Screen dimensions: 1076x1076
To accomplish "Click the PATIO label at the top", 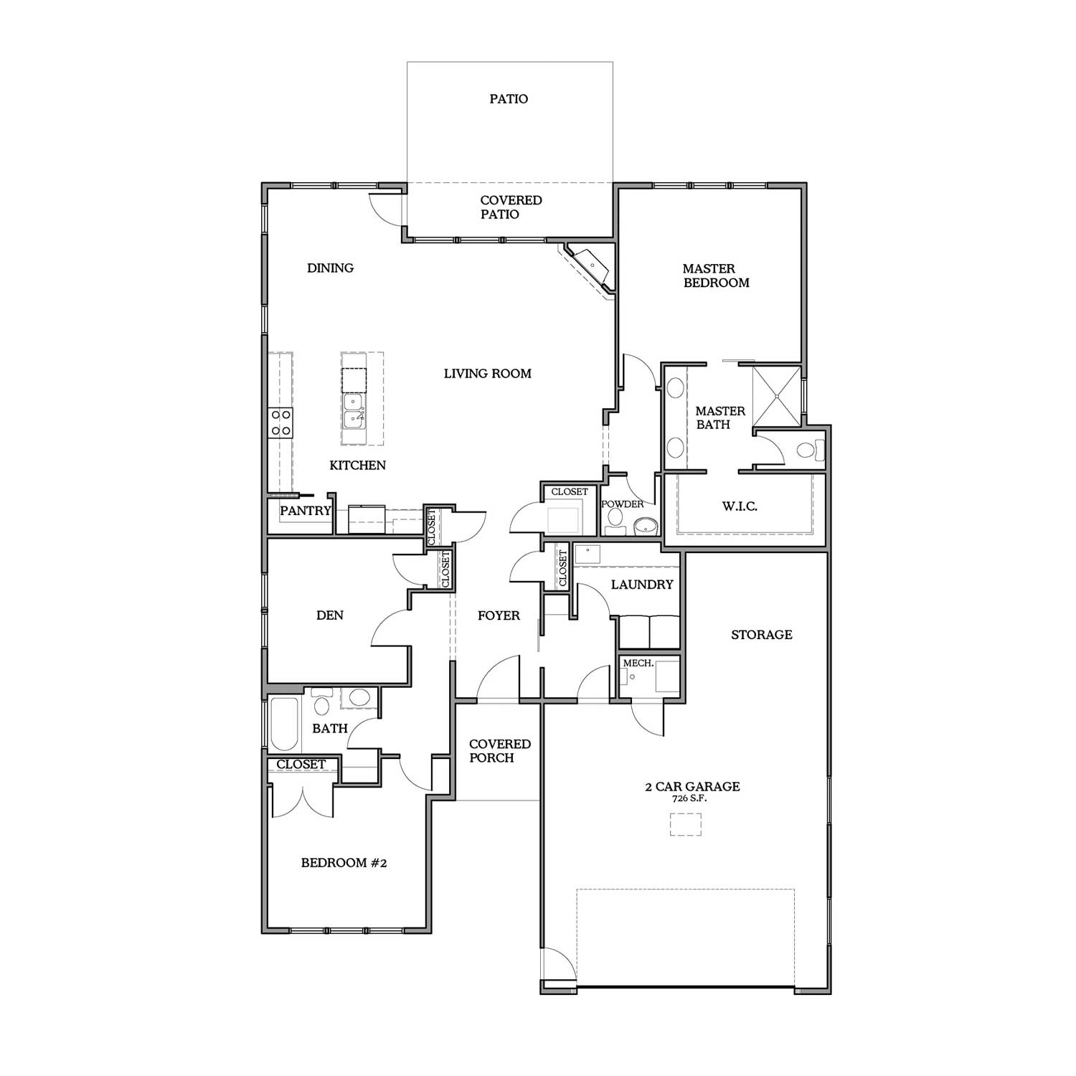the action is point(509,99).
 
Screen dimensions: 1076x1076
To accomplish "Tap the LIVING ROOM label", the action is point(488,373).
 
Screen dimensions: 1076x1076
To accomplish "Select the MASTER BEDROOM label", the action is point(716,275).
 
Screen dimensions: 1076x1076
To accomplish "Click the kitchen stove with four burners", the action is point(280,423).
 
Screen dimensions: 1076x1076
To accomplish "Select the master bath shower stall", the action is point(775,397).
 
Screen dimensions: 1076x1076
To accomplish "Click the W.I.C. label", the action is point(740,506).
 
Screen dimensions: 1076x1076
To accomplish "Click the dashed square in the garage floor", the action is point(685,824).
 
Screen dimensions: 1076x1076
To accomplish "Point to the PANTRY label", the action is point(306,511).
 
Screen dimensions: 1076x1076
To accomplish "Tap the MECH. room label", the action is point(638,664).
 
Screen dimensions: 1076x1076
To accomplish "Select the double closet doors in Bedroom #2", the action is point(302,802).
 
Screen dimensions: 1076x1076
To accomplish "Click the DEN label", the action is point(330,615).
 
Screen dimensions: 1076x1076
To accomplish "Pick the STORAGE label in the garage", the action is point(762,634).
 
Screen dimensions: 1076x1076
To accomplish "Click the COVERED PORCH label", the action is point(500,751).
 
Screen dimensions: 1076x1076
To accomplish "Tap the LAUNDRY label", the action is point(642,585).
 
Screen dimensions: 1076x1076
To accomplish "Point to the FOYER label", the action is point(499,615).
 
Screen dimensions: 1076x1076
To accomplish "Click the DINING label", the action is point(331,268).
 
